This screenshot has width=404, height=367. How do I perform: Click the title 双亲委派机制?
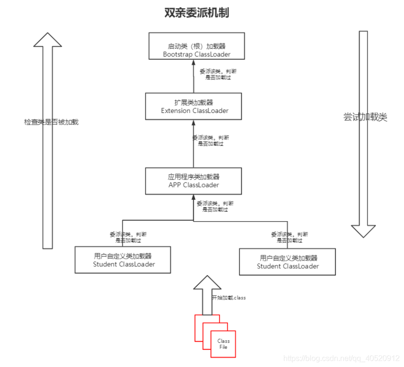pos(197,13)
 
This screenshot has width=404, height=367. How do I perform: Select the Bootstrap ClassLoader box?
pos(197,46)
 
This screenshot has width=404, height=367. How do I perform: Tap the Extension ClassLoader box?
pos(194,106)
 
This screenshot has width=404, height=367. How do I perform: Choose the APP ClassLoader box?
pos(194,181)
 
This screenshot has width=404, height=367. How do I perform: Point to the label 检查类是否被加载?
pos(51,122)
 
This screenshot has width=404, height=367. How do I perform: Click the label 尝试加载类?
pos(365,117)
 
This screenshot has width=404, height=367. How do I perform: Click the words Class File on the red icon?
pos(223,344)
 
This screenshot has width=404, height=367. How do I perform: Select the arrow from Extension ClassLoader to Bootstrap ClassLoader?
pos(194,76)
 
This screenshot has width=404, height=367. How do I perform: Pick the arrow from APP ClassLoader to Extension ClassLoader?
pos(194,143)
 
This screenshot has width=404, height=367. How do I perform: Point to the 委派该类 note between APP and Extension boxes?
pos(210,140)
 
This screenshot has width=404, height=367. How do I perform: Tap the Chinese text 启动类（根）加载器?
pos(197,47)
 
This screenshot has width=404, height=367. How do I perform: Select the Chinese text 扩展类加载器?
pos(194,102)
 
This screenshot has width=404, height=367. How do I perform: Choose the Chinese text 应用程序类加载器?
pos(194,177)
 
